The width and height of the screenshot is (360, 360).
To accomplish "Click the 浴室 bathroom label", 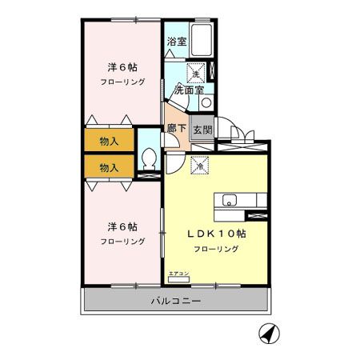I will tap(176, 42).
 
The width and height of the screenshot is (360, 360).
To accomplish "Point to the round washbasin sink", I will tap(205, 102).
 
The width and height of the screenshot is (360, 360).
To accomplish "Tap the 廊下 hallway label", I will tap(175, 128).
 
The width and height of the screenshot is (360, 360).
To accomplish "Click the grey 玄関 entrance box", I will tap(202, 129).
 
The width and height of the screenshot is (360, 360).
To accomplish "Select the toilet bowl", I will tap(148, 158).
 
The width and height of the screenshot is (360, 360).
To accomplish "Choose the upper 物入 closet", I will tap(110, 142).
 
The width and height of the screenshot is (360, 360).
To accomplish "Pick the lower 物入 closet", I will tap(110, 167).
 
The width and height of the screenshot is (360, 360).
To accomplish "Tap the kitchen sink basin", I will tap(230, 201).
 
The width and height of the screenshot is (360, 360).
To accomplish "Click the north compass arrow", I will tap(267, 331).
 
